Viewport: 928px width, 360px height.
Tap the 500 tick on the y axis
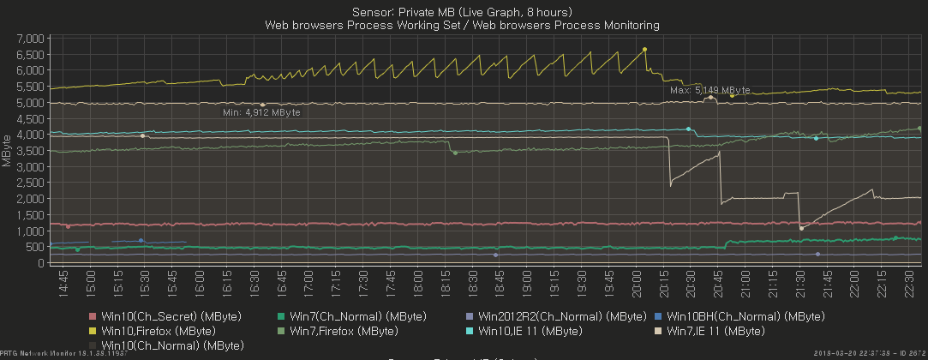(33, 247)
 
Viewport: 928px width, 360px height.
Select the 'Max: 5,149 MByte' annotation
(709, 89)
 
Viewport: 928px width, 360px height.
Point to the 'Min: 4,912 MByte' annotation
(261, 111)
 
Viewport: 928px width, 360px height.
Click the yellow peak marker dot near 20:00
(644, 50)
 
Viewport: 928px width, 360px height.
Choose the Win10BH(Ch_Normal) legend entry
(733, 316)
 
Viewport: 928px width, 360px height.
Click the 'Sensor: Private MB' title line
(463, 12)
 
